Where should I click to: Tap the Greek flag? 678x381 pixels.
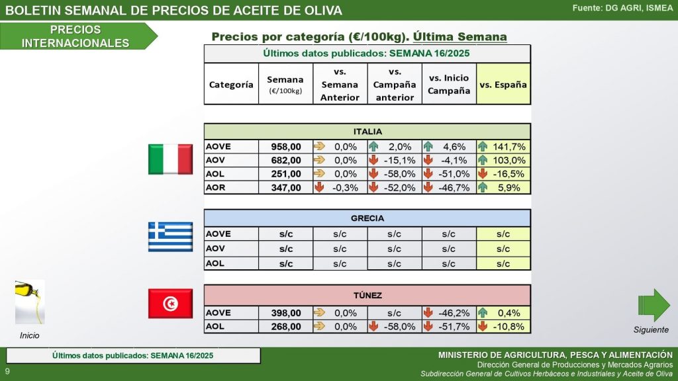click(170, 236)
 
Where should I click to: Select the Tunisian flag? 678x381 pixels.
click(170, 304)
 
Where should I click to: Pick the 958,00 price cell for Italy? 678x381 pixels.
click(286, 147)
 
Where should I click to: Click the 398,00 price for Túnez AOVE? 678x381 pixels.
click(286, 313)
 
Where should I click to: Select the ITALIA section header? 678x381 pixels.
click(367, 132)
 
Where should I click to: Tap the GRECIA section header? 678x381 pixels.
click(367, 218)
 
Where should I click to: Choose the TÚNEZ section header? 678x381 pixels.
click(367, 294)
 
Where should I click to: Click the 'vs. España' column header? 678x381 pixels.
click(503, 84)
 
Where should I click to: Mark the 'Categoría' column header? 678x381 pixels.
click(231, 84)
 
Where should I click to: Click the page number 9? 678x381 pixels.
click(7, 372)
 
